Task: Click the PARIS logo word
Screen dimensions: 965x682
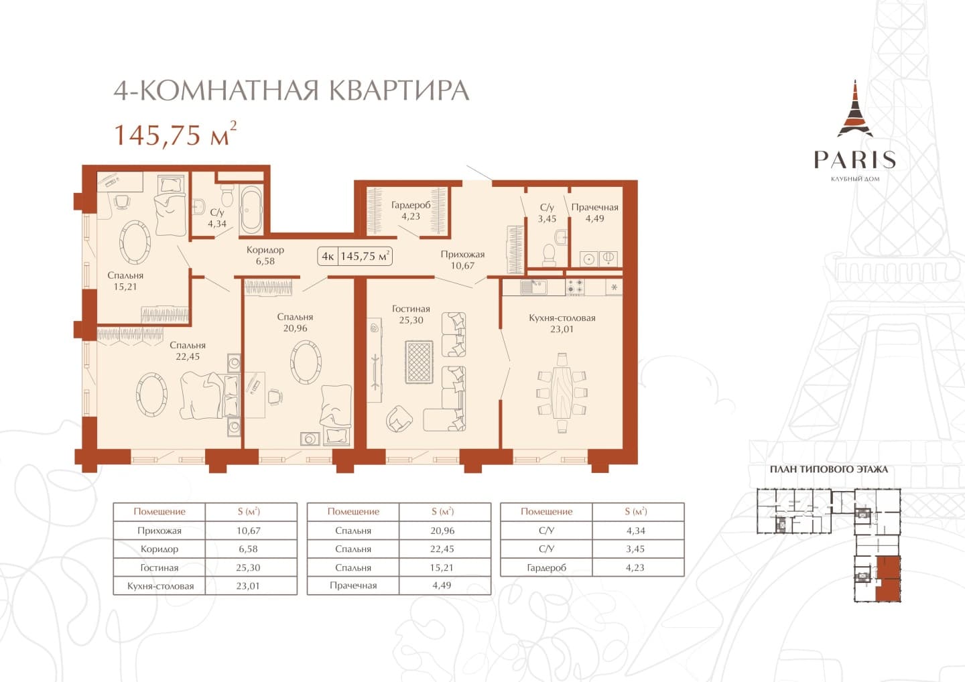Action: pyautogui.click(x=854, y=159)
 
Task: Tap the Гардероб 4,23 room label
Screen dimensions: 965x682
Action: pyautogui.click(x=411, y=210)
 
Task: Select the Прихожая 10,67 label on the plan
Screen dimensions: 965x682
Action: pyautogui.click(x=462, y=260)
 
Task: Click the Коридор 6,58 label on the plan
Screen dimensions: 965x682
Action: pyautogui.click(x=265, y=255)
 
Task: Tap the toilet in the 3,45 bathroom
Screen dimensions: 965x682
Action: pyautogui.click(x=549, y=255)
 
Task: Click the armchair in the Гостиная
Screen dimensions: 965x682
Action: pyautogui.click(x=399, y=419)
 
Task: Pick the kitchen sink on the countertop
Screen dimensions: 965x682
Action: pyautogui.click(x=533, y=287)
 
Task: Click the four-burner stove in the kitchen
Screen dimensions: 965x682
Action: pyautogui.click(x=575, y=287)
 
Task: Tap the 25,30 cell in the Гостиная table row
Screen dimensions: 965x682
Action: pyautogui.click(x=248, y=567)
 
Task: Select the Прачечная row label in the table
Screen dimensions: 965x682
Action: pyautogui.click(x=353, y=586)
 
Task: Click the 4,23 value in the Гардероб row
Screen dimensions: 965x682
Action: pyautogui.click(x=635, y=567)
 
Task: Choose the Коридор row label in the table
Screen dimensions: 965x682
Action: pyautogui.click(x=159, y=549)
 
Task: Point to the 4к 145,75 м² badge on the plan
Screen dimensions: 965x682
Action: pyautogui.click(x=355, y=257)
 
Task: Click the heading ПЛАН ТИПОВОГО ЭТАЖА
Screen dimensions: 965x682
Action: pyautogui.click(x=828, y=470)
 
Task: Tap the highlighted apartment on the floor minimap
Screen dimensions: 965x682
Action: pyautogui.click(x=888, y=579)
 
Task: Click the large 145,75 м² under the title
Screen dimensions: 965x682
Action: pyautogui.click(x=175, y=134)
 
